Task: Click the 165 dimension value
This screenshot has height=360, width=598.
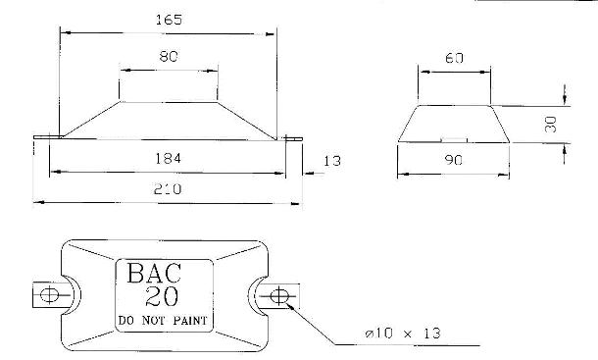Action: [x=168, y=18]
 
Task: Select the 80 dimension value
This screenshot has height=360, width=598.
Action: [x=168, y=57]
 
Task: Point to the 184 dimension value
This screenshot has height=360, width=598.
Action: [x=168, y=158]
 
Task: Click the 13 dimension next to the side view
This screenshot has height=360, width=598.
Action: [x=332, y=160]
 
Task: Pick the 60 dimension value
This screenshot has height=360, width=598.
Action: [x=453, y=58]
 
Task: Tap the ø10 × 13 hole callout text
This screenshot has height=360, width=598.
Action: [x=401, y=334]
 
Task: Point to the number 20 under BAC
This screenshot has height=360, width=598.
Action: [x=162, y=297]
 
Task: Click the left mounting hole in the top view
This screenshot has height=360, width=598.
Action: [x=47, y=295]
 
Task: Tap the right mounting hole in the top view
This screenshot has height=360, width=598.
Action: [x=278, y=295]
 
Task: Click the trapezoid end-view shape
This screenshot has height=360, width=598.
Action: [x=453, y=124]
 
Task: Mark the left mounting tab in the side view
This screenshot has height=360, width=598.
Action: [x=45, y=138]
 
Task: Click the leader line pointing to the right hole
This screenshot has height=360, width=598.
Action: [x=314, y=325]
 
